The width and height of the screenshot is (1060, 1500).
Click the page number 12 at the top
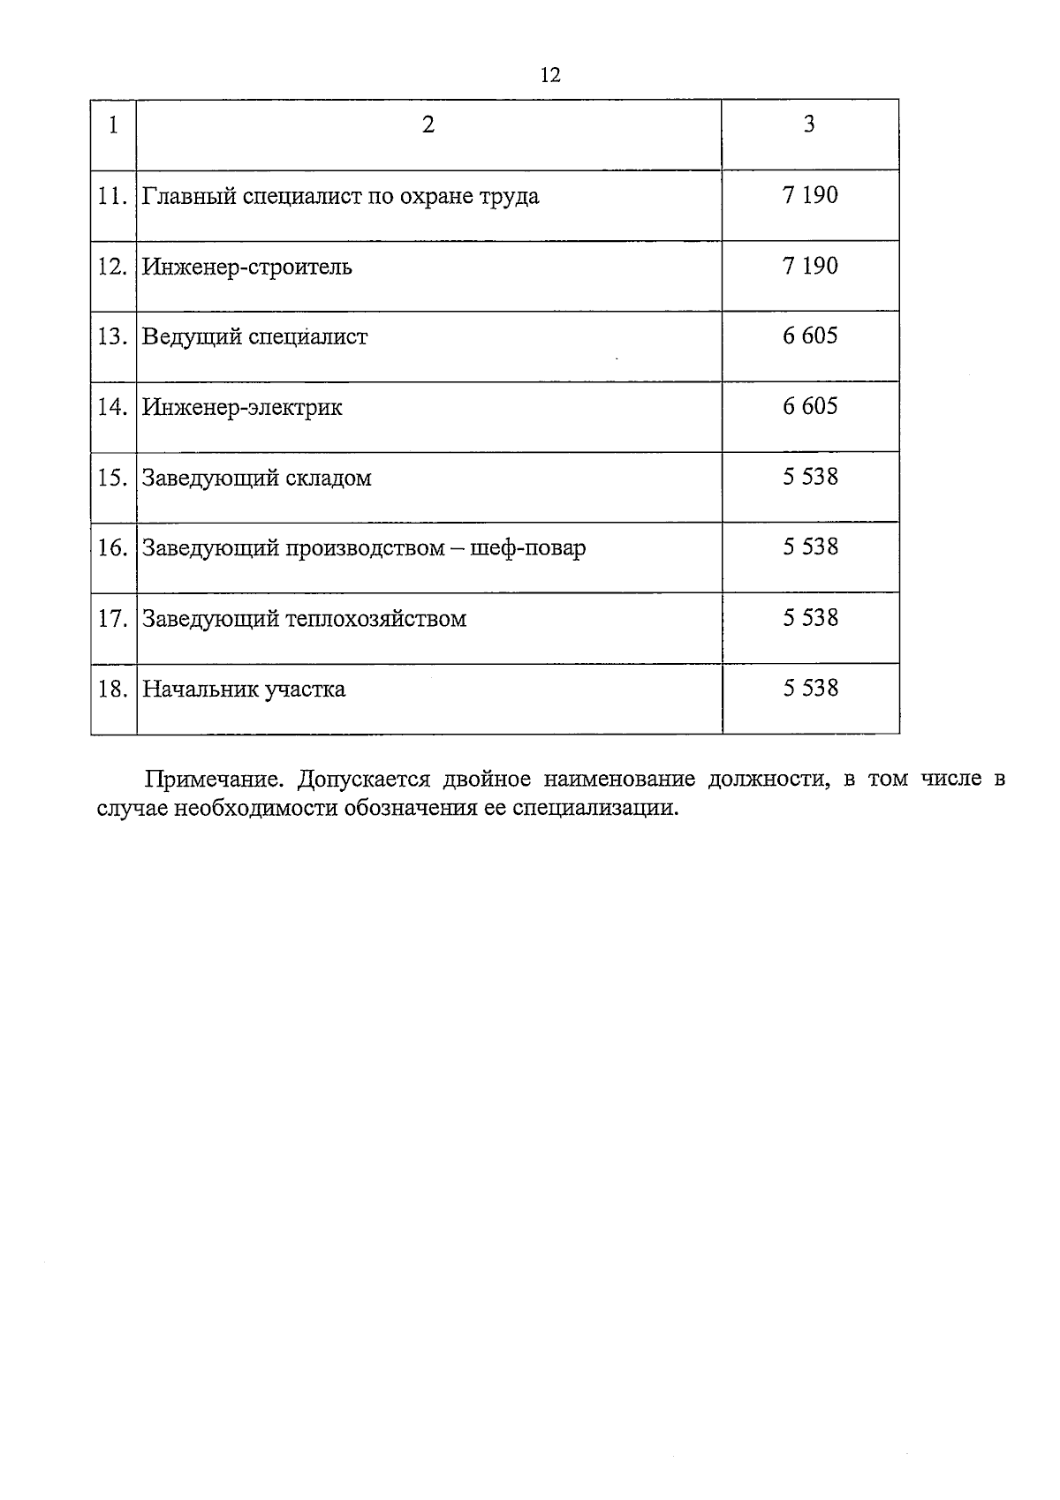coord(549,75)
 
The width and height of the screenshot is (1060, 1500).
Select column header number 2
coord(428,124)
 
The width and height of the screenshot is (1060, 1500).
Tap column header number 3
coord(809,124)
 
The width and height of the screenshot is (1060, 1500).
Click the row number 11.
coord(112,196)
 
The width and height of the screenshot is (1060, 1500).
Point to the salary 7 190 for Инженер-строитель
coord(810,266)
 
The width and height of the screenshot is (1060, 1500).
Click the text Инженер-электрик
coord(242,408)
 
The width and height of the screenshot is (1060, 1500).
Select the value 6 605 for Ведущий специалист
coord(810,336)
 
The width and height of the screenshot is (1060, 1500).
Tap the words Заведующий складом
coord(256,479)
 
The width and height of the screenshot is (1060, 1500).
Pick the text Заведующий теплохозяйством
coord(304,619)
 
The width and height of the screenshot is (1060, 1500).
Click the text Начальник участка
coord(244,690)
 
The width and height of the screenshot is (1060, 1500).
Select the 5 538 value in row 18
coord(810,688)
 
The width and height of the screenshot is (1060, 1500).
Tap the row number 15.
coord(112,479)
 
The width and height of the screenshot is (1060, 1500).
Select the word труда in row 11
coord(510,197)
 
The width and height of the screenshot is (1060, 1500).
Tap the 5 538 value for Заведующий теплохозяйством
coord(810,618)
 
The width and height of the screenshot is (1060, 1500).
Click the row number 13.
coord(112,337)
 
